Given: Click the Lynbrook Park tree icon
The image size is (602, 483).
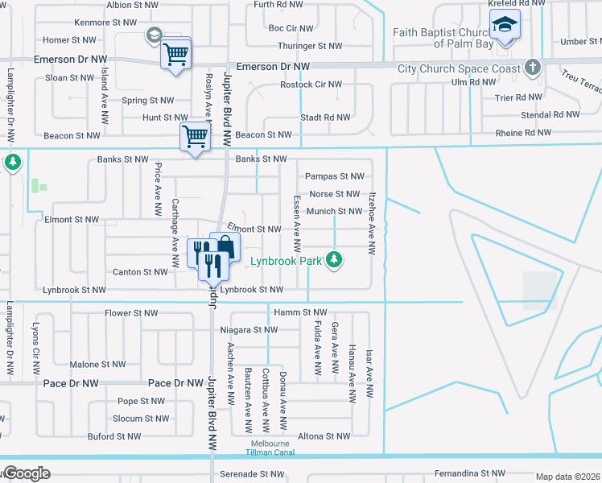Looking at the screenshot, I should tap(336, 260).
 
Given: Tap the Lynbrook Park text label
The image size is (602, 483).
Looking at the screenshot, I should tap(286, 261).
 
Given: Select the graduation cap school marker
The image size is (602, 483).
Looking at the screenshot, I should tap(505, 27).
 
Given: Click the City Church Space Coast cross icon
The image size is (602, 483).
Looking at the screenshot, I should tap(533, 68).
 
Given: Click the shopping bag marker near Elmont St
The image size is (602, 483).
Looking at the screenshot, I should tap(225, 246).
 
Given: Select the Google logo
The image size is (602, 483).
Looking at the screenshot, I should tap(26, 473).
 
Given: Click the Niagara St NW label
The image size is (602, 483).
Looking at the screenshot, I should tap(249, 330).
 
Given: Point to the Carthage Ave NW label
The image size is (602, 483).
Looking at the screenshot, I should tap(175, 234).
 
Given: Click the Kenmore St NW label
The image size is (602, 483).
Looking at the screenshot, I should tap(102, 23).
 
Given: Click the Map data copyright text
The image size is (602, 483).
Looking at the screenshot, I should tap(568, 477).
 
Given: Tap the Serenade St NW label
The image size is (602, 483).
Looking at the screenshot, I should tap(249, 474).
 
